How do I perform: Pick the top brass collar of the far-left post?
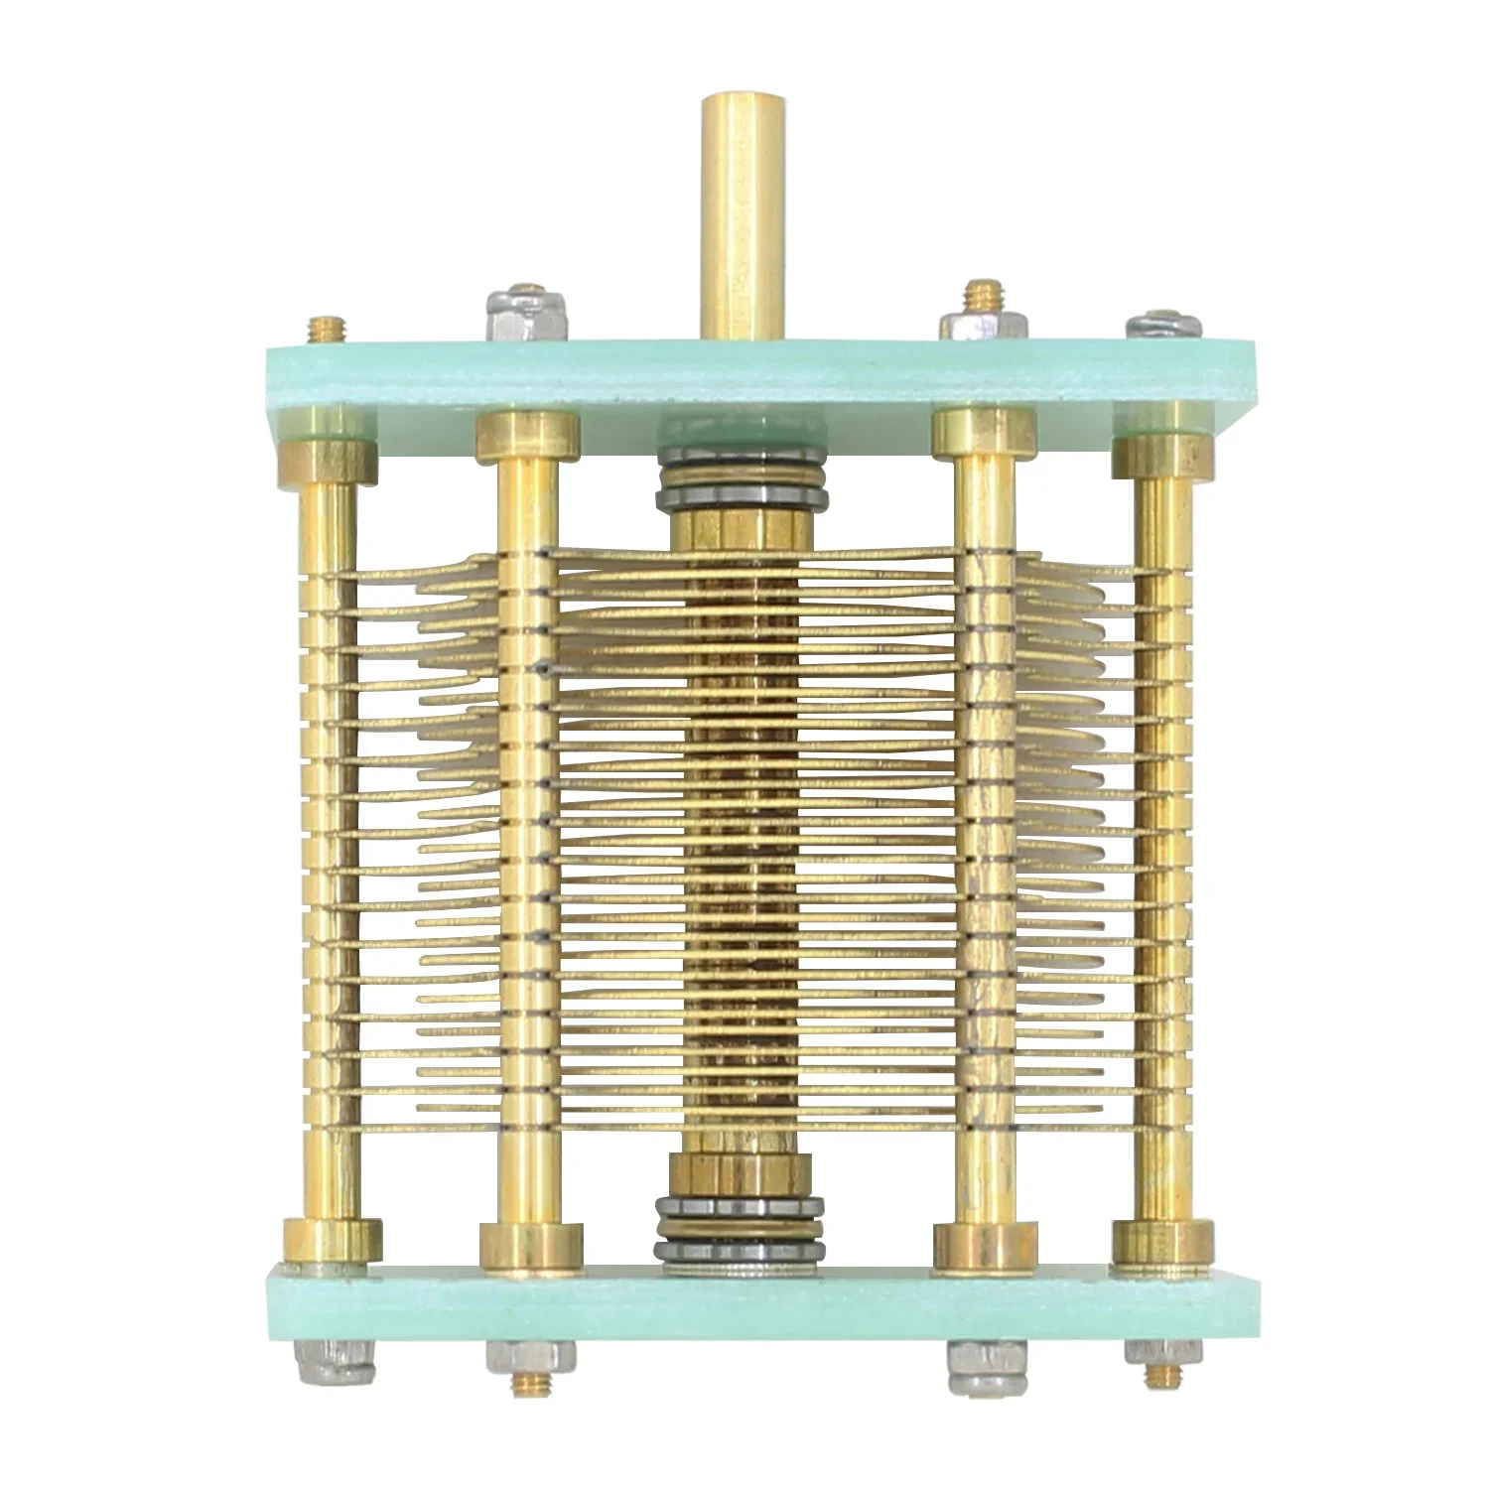(x=331, y=461)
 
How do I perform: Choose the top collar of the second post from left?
(x=527, y=437)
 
